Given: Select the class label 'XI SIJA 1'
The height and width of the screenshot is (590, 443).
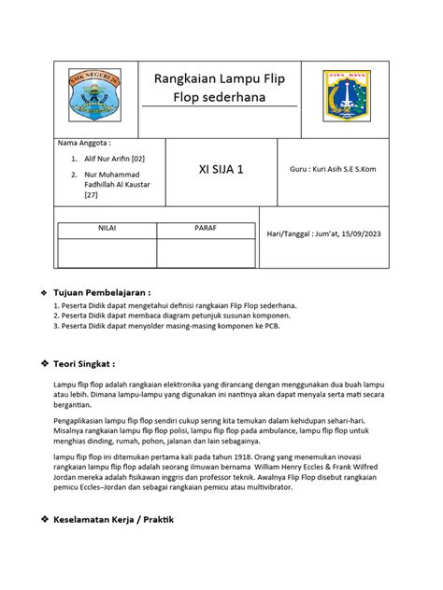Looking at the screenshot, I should coord(221,171).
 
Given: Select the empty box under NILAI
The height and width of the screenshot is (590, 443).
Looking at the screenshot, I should coord(107,252).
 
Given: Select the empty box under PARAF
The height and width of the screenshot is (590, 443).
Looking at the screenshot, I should coord(205,252).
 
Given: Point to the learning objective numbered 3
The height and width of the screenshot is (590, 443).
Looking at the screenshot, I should coord(169,327).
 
